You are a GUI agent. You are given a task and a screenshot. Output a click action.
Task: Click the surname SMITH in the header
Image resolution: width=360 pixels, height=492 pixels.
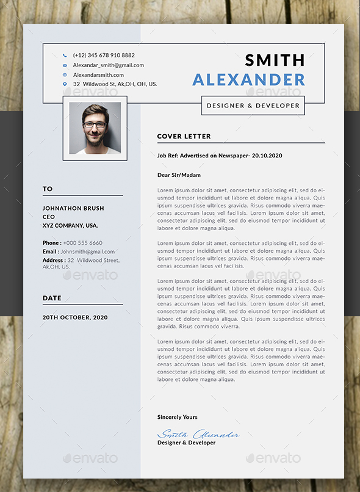[x=275, y=60]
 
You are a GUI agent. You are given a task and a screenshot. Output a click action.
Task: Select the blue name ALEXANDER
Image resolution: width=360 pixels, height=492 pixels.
[x=248, y=79]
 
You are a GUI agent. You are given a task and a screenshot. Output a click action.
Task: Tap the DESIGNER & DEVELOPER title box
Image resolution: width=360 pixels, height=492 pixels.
[x=253, y=106]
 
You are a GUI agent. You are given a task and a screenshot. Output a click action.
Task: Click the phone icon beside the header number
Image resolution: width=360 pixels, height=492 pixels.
[x=65, y=55]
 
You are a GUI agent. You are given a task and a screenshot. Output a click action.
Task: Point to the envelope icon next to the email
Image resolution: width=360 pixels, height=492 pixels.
[x=65, y=65]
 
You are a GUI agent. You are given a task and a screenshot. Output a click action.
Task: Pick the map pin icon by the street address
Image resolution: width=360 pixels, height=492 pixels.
[x=65, y=84]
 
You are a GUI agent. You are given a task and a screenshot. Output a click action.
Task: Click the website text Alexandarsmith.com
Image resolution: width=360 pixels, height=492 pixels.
[x=98, y=74]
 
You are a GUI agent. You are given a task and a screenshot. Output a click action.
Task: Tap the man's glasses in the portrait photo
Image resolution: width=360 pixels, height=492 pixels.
[x=95, y=125]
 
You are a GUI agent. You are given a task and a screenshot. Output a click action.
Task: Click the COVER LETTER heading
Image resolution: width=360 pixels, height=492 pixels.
[x=184, y=136]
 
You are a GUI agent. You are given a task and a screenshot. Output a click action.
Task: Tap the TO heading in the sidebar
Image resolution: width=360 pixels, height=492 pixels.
[x=48, y=189]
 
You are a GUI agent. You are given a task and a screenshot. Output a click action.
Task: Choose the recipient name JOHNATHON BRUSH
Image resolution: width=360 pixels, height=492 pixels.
[x=73, y=208]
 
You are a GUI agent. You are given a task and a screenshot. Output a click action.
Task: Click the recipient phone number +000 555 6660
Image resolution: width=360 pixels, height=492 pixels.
[x=82, y=243]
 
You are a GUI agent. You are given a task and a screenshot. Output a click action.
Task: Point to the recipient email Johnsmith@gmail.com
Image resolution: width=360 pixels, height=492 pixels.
[x=87, y=251]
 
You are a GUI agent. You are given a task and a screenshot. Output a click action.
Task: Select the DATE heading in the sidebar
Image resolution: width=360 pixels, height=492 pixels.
[x=52, y=298]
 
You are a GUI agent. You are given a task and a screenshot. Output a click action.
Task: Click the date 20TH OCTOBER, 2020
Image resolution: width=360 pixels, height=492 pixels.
[x=75, y=317]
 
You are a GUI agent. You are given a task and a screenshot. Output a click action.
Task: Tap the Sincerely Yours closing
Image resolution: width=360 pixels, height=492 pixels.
[x=177, y=417]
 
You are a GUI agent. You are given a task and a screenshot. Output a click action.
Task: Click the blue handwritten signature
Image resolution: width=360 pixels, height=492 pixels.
[x=198, y=433]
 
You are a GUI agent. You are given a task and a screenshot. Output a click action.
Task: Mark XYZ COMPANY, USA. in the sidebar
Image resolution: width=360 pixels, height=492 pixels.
[x=70, y=225]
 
